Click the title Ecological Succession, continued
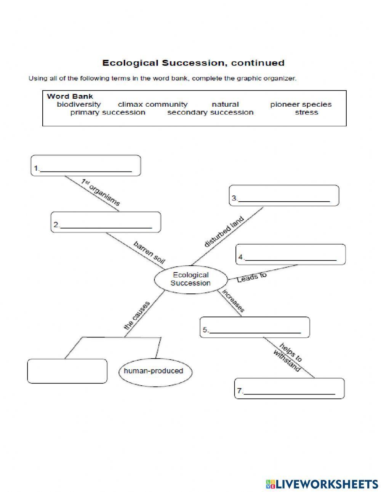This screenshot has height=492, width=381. pyautogui.click(x=193, y=63)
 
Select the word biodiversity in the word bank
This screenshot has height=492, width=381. pyautogui.click(x=78, y=104)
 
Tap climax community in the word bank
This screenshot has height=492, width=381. pyautogui.click(x=152, y=104)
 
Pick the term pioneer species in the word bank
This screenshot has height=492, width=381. pyautogui.click(x=301, y=104)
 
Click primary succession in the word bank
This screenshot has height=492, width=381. pyautogui.click(x=107, y=112)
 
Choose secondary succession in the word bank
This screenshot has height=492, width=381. pyautogui.click(x=210, y=112)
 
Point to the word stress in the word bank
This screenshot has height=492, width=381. pyautogui.click(x=306, y=112)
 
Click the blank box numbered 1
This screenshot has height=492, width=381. pyautogui.click(x=86, y=165)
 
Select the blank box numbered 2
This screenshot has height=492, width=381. pyautogui.click(x=106, y=222)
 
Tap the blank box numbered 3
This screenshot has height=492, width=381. pyautogui.click(x=284, y=196)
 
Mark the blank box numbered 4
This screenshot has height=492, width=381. pyautogui.click(x=290, y=255)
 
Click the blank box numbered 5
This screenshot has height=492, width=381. pyautogui.click(x=255, y=327)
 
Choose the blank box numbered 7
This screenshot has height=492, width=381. pyautogui.click(x=289, y=388)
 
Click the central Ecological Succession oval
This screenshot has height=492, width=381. pyautogui.click(x=190, y=279)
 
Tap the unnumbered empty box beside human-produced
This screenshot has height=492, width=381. pyautogui.click(x=67, y=371)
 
